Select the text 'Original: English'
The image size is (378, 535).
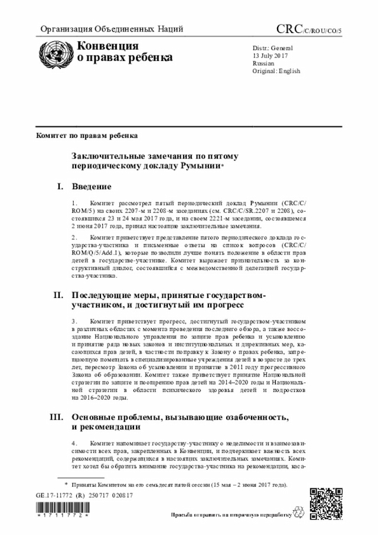(276, 71)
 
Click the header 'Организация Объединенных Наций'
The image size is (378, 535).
(111, 29)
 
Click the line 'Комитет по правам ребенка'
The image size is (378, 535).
(87, 135)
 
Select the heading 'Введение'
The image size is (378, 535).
(92, 187)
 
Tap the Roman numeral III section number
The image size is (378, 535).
(57, 417)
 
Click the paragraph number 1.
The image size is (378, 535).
(74, 203)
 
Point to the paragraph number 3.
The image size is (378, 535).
(74, 320)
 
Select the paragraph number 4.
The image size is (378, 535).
(74, 443)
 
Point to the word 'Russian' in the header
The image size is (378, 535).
(263, 63)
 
